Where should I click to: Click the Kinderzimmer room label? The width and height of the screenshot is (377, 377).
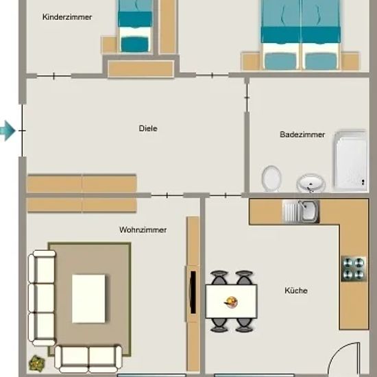[67, 17]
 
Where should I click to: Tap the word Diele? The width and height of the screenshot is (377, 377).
[148, 128]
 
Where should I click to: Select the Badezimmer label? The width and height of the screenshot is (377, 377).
[302, 134]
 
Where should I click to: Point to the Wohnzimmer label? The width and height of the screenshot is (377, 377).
[143, 230]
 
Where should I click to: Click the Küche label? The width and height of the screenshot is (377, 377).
[296, 291]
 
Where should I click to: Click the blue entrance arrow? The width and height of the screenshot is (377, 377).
[8, 130]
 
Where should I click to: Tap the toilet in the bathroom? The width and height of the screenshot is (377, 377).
[271, 178]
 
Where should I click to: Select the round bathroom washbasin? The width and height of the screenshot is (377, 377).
[311, 183]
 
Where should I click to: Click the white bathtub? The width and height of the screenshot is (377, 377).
[350, 161]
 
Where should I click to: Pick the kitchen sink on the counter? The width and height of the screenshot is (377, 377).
[301, 212]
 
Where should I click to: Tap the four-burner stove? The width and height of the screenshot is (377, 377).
[354, 269]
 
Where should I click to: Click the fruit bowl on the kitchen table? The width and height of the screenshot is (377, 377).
[231, 302]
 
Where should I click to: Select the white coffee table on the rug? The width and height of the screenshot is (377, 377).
[88, 299]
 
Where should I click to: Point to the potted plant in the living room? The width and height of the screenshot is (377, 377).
[37, 363]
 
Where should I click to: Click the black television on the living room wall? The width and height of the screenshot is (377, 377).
[193, 292]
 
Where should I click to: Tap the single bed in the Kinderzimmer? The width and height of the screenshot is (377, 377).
[135, 26]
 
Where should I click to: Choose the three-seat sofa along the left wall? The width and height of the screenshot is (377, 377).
[42, 298]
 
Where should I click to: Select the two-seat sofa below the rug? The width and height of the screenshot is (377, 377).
[88, 359]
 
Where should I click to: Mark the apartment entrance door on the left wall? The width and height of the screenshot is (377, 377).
[22, 130]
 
